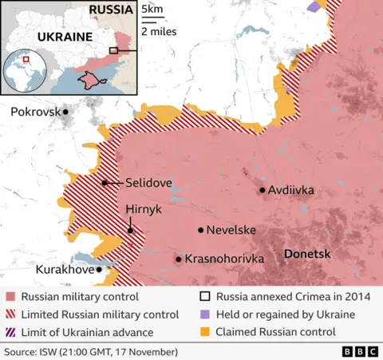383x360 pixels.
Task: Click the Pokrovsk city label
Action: click(x=35, y=112)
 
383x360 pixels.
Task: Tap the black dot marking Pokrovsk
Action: click(x=66, y=112)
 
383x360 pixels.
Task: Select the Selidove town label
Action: click(x=148, y=183)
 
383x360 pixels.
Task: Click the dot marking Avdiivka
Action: click(x=262, y=190)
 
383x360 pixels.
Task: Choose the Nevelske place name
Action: click(x=231, y=230)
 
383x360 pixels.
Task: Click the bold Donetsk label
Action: click(x=308, y=253)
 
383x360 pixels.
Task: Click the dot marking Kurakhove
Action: click(x=99, y=270)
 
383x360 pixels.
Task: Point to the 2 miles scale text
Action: click(x=159, y=32)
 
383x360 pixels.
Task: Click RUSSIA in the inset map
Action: click(x=112, y=10)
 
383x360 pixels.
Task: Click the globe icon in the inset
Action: click(x=26, y=72)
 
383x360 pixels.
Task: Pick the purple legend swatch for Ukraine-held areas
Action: click(x=203, y=314)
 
